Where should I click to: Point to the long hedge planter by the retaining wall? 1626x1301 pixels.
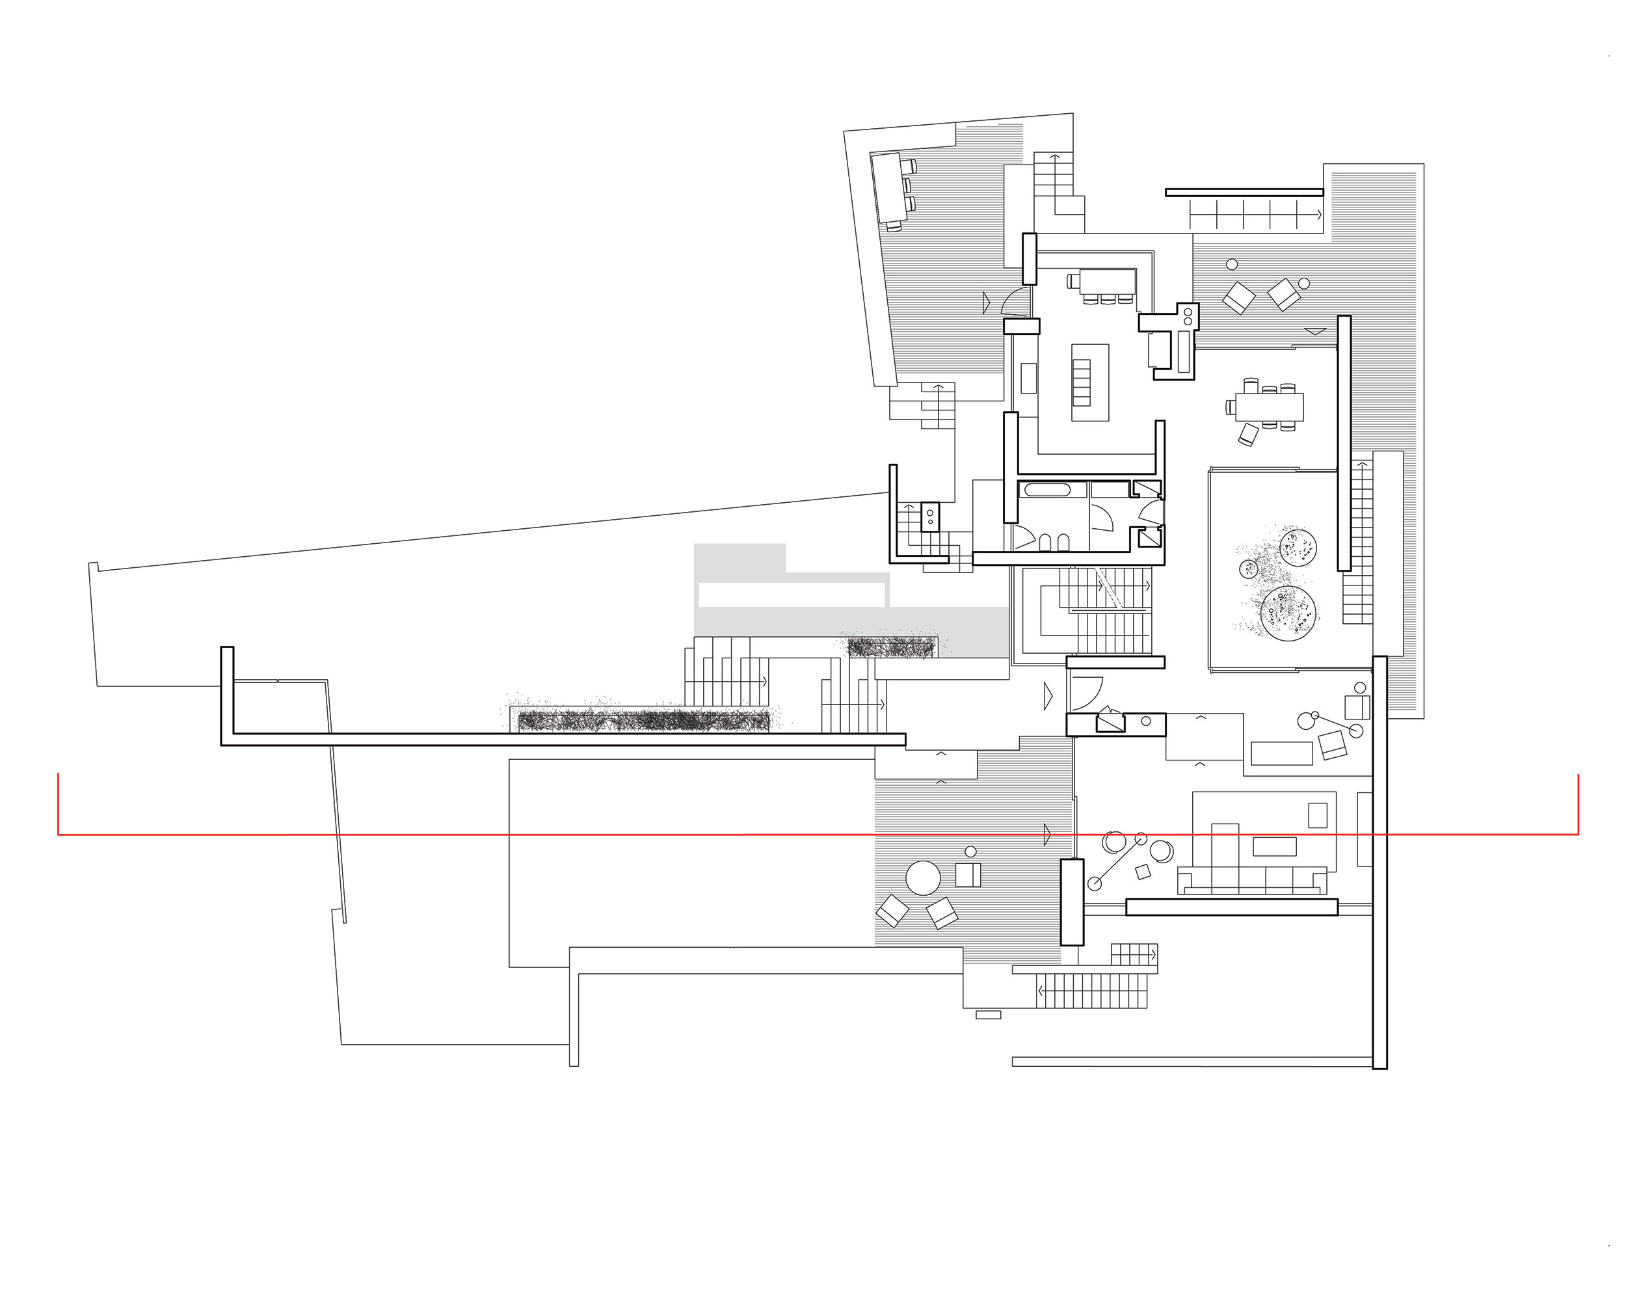(x=645, y=720)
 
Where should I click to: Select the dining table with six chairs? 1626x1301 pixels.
(x=1268, y=407)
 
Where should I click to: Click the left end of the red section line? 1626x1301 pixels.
(x=59, y=835)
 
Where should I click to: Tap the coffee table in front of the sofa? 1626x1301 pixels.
(x=1275, y=846)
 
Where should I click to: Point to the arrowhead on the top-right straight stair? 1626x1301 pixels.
(x=1319, y=214)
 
